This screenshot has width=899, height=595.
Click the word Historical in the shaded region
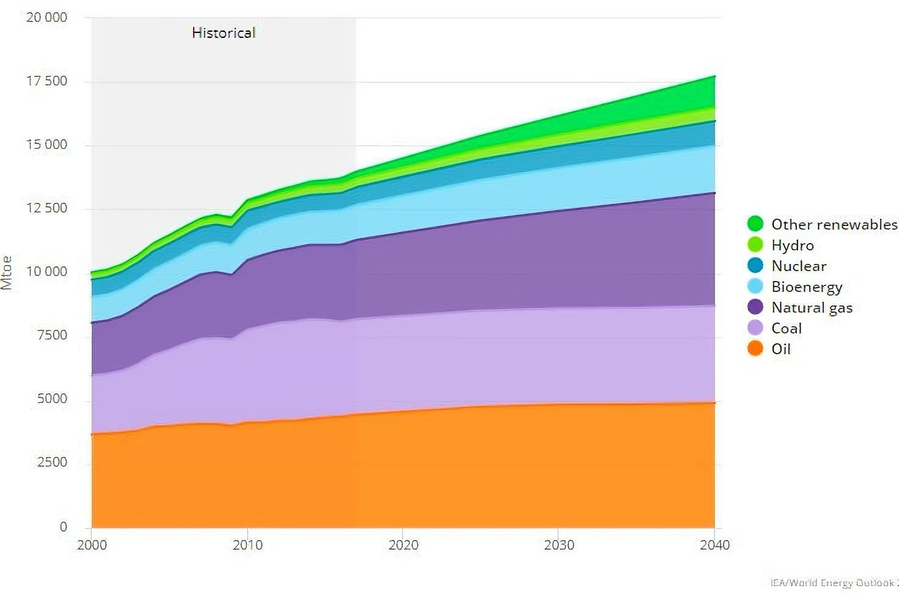[223, 32]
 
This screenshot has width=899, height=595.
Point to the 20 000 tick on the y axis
[46, 17]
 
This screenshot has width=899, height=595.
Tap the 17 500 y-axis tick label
[46, 81]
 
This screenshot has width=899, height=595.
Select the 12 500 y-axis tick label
[46, 208]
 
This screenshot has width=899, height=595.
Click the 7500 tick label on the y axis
[51, 335]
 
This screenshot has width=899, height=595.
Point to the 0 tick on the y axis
[63, 527]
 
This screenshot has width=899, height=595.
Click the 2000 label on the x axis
[92, 545]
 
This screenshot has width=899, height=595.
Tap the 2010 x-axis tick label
[248, 545]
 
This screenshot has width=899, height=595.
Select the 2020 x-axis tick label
[403, 545]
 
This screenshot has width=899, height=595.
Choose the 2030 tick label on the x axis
[559, 545]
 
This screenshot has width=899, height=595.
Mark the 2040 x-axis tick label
[714, 545]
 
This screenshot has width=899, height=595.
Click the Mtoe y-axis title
[7, 272]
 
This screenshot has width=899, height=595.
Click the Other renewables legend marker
[755, 224]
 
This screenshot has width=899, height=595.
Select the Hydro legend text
[793, 245]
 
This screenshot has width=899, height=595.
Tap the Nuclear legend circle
[755, 265]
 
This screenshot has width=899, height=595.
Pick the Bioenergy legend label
[807, 287]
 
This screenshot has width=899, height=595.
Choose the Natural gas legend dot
[755, 307]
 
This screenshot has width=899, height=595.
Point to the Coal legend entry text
[787, 328]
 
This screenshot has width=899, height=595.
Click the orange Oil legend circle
[755, 348]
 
